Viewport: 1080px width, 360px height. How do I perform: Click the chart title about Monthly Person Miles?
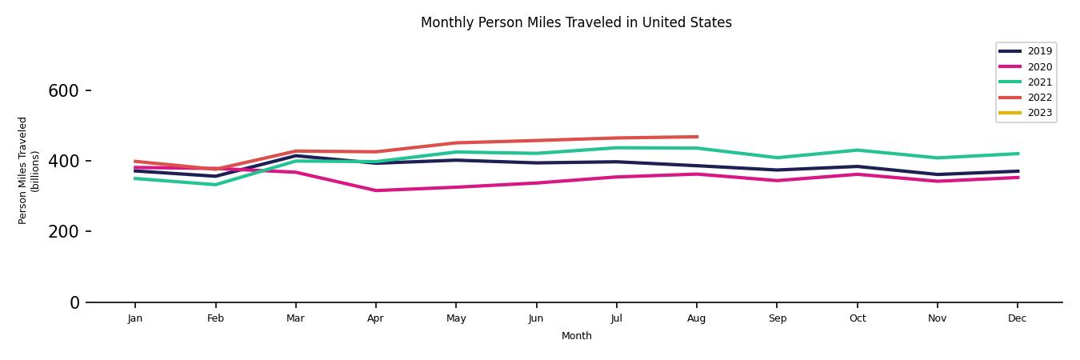576,22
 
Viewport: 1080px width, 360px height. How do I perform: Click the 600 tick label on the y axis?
63,91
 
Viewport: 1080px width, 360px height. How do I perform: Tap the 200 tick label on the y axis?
63,232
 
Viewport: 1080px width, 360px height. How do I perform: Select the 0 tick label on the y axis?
74,303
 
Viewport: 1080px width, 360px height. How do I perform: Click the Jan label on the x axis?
135,318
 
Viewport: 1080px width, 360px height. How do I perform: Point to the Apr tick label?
375,318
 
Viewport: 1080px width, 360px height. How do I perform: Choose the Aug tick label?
697,318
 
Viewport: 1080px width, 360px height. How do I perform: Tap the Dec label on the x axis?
1017,318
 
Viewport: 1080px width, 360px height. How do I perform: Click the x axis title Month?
576,336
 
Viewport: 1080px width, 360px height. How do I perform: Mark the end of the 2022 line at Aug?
697,137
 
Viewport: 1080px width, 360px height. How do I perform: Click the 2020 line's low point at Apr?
375,190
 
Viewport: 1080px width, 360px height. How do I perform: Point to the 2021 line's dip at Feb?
215,185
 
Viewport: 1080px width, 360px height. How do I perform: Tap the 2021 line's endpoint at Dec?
1018,154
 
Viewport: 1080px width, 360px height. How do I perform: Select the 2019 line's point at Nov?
937,174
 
